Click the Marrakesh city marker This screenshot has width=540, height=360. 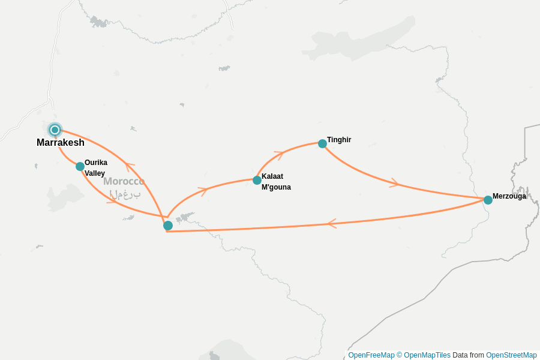(55, 130)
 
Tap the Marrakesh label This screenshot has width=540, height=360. (60, 143)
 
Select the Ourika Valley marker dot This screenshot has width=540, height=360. (80, 166)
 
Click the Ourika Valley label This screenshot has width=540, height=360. (95, 168)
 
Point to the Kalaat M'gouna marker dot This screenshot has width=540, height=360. (257, 180)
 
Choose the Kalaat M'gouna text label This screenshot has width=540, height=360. (275, 182)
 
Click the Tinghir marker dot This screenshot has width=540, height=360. (322, 143)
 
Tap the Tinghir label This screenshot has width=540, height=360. (339, 140)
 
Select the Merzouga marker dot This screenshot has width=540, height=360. (488, 200)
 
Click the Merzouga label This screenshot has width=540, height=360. (509, 196)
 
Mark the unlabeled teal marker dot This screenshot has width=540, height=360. (168, 226)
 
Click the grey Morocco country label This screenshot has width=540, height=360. (124, 181)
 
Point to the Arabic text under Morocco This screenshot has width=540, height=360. (125, 194)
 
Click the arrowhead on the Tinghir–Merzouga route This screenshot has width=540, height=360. (394, 183)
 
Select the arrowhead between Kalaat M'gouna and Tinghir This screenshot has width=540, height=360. (278, 154)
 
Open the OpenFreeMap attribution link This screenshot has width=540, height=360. (371, 355)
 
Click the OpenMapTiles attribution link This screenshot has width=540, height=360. (424, 355)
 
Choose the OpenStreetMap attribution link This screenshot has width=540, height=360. (511, 355)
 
